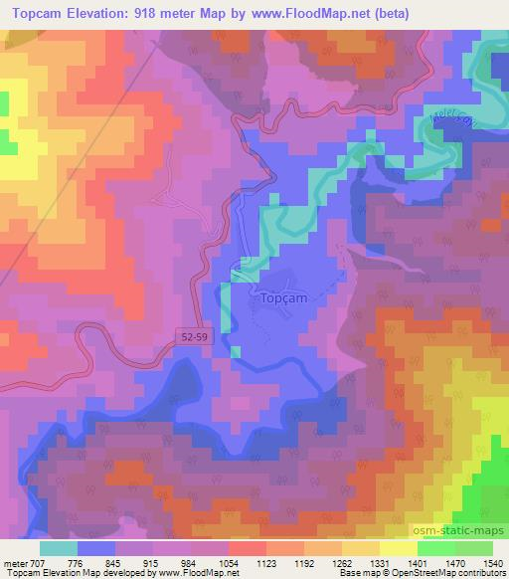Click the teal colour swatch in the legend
(58, 549)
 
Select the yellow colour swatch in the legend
(399, 549)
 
